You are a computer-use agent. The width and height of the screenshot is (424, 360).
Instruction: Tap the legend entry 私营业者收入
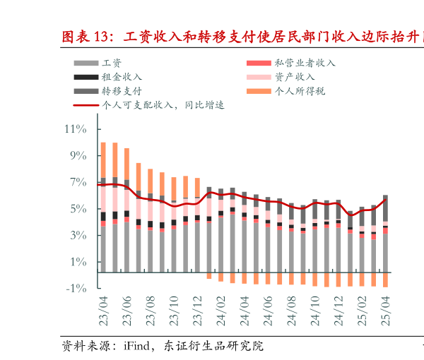(305, 63)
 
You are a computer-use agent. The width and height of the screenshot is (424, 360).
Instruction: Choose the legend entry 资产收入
(295, 77)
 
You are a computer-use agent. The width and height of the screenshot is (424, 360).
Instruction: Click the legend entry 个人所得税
(300, 91)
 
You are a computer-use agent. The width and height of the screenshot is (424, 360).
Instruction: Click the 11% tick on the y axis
(76, 129)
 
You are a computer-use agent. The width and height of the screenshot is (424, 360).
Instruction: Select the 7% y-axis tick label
(77, 183)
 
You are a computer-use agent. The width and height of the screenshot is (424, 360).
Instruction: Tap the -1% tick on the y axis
(76, 289)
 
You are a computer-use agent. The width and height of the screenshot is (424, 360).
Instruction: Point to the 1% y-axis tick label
(77, 263)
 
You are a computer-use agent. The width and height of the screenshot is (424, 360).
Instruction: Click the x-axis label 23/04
(103, 311)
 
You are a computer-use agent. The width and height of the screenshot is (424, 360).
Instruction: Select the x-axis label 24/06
(268, 311)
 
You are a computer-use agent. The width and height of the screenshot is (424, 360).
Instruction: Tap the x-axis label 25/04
(385, 311)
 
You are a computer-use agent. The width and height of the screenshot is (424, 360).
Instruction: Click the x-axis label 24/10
(314, 311)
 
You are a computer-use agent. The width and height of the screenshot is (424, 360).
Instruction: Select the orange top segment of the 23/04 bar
(103, 160)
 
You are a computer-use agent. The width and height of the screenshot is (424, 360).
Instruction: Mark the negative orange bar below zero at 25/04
(385, 280)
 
